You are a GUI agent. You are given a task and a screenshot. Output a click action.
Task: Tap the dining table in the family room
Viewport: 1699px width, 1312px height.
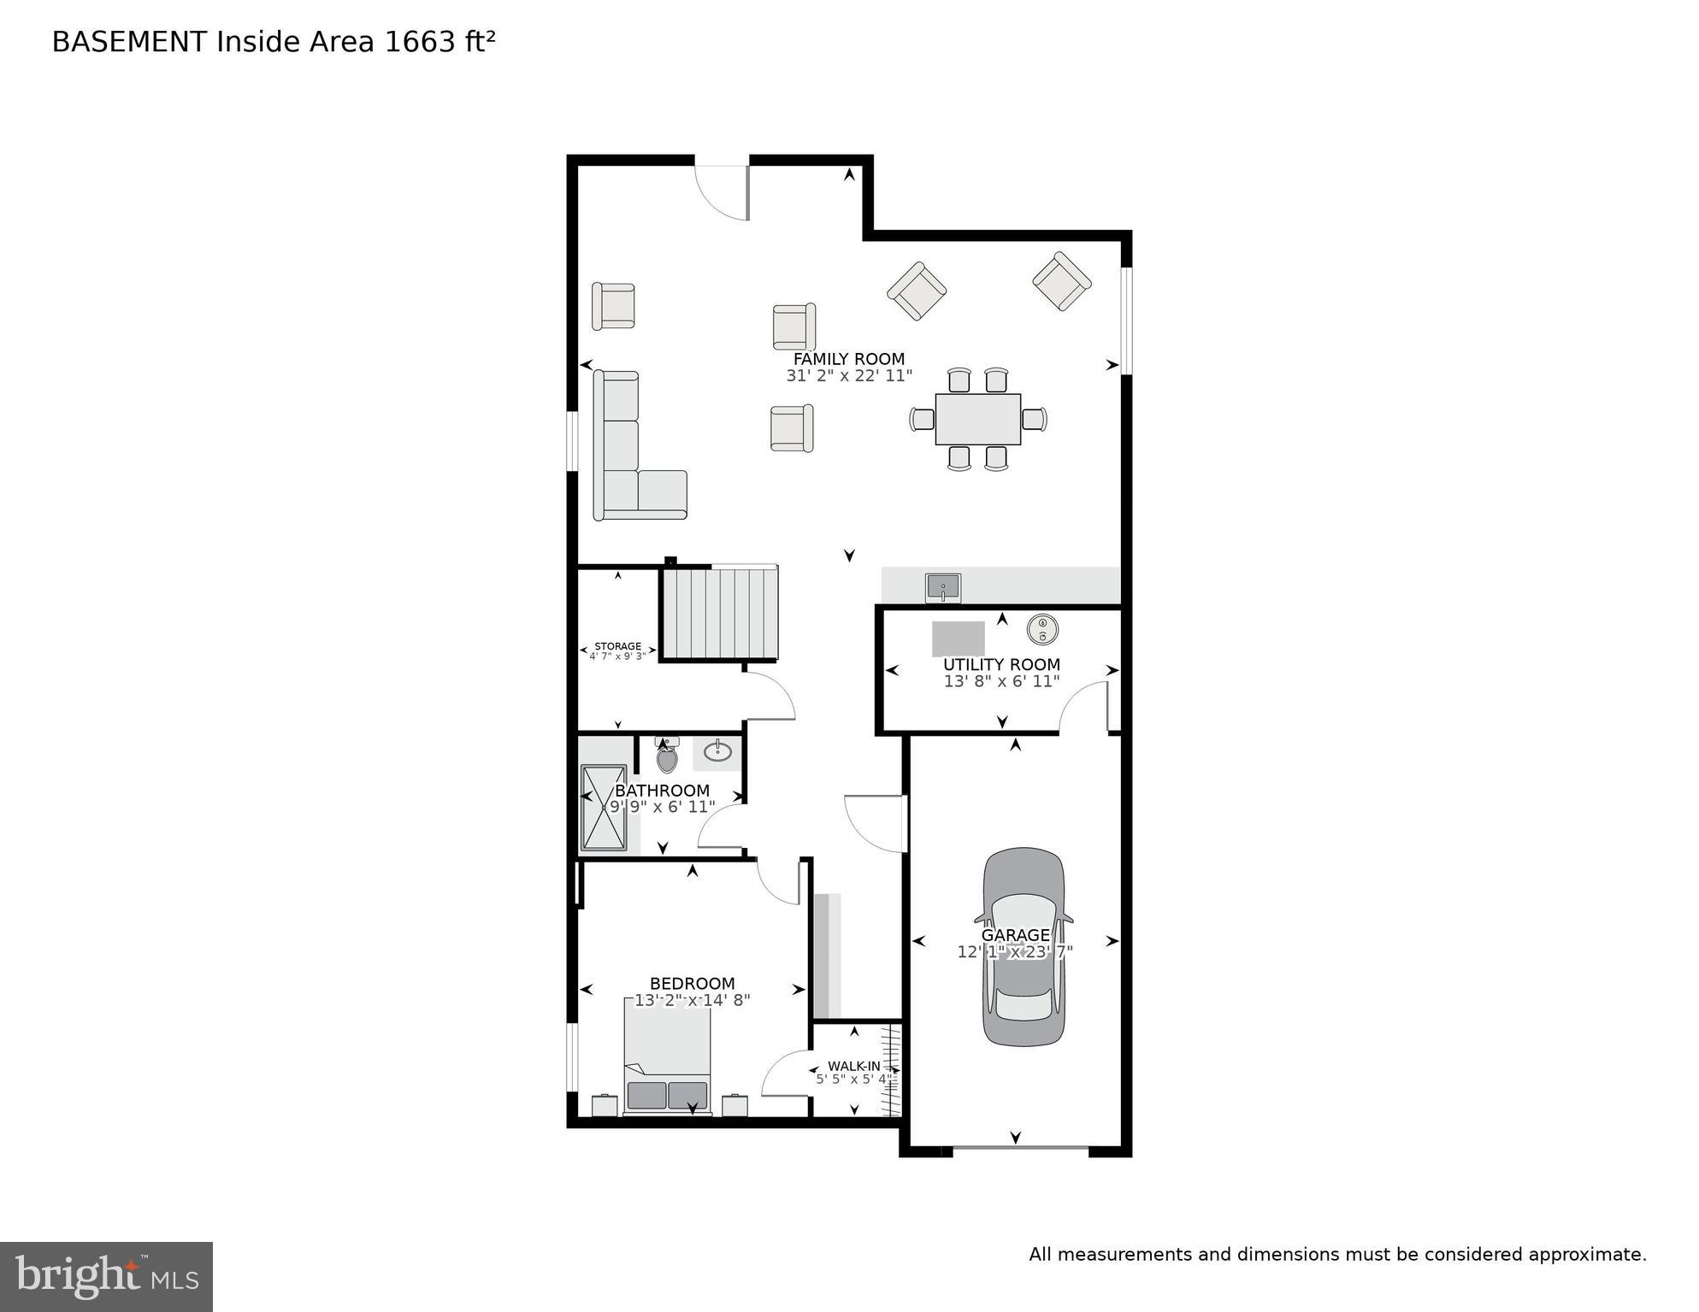coord(977,419)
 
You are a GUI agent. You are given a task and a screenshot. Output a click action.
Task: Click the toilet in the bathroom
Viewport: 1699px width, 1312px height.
coord(667,756)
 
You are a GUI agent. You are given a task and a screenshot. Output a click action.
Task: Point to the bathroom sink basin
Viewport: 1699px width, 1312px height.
coord(717,752)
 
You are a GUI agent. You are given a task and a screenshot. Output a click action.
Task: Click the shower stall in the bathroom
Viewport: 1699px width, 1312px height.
coord(604,808)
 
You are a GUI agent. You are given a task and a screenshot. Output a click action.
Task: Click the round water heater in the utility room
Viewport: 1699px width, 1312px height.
coord(1042,630)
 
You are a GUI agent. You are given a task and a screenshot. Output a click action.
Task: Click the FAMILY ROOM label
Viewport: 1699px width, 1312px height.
coord(848,359)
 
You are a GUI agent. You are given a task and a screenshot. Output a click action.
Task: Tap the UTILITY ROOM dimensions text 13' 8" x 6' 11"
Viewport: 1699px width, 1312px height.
coord(1001,681)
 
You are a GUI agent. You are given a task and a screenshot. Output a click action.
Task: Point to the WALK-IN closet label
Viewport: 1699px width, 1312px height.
coord(853,1067)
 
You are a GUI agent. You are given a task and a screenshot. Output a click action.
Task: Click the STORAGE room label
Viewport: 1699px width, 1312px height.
coord(617,646)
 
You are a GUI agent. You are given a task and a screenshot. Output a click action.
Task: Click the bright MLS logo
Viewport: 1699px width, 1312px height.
coord(106,1277)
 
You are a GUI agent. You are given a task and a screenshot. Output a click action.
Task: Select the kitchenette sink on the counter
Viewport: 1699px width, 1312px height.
coord(942,588)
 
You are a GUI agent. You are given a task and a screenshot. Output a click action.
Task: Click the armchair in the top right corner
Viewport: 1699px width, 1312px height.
coord(1061,281)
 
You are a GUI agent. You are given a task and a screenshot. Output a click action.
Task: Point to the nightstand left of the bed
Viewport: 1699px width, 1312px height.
coord(605,1105)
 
